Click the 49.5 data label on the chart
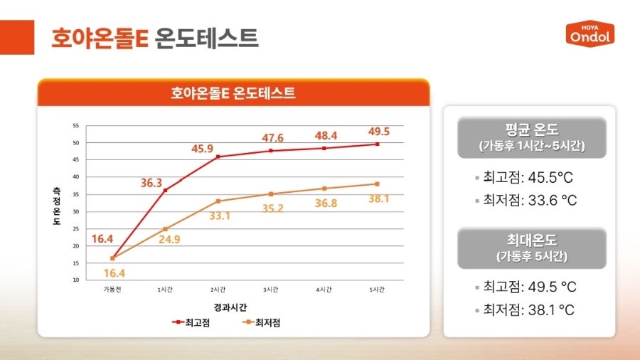click(x=379, y=132)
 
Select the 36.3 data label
click(x=151, y=183)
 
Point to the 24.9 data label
click(x=169, y=239)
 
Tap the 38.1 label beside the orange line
click(x=379, y=199)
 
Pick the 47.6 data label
click(x=272, y=138)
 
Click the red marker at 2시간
click(x=218, y=157)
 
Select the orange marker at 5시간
click(x=377, y=184)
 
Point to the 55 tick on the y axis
click(x=76, y=126)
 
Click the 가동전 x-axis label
click(x=112, y=290)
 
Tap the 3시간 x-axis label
click(x=271, y=290)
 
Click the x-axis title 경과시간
click(x=230, y=307)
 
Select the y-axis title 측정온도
click(x=56, y=206)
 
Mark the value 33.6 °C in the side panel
click(x=550, y=201)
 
